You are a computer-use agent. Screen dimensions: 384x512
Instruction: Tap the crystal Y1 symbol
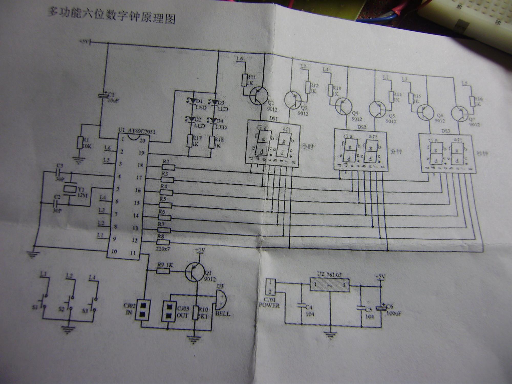coord(70,189)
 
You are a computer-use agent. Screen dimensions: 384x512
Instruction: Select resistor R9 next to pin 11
coord(163,271)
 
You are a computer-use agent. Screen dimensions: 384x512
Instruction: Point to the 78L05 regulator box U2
coord(329,285)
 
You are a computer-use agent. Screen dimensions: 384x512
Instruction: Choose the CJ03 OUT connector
coord(169,311)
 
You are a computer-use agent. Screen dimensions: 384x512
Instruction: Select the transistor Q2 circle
coord(259,96)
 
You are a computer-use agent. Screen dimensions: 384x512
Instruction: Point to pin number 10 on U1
coord(114,251)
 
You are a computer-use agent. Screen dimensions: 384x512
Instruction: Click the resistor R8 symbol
coord(163,242)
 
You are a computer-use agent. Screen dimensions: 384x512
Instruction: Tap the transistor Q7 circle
coord(459,113)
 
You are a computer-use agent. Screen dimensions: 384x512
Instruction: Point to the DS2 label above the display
coord(362,127)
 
